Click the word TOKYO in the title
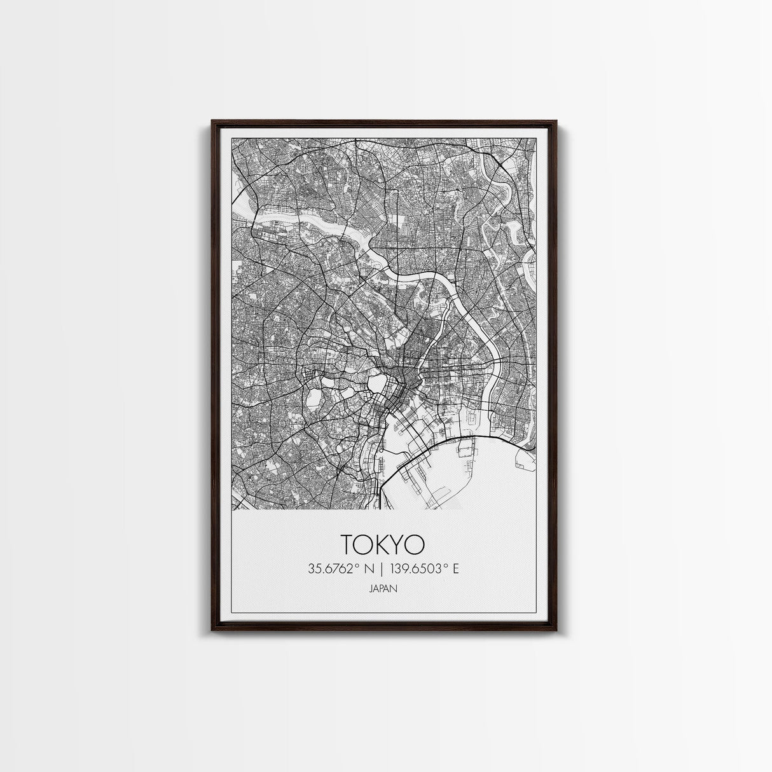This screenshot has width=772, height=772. click(x=383, y=544)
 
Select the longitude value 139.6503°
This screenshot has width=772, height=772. click(x=418, y=569)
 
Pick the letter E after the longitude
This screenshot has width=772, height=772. click(x=455, y=569)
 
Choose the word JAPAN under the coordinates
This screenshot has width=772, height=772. click(x=383, y=589)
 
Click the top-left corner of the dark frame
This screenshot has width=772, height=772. click(x=212, y=120)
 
